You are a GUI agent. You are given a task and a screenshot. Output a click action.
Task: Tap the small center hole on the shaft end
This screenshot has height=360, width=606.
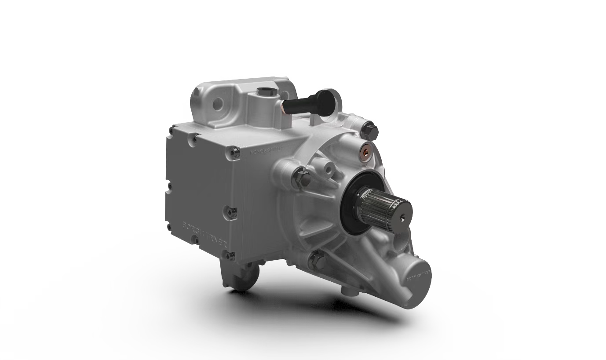coord(403,215)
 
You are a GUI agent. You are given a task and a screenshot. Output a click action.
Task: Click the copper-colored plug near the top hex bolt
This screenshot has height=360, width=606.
coord(365,152)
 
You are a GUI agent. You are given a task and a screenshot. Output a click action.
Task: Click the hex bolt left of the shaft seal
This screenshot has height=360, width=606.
coord(302,178)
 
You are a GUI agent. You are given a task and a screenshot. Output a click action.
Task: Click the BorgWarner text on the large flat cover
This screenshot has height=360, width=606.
coord(204,232)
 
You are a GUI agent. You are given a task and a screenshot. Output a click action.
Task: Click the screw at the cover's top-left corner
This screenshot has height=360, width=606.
coord(172,130)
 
